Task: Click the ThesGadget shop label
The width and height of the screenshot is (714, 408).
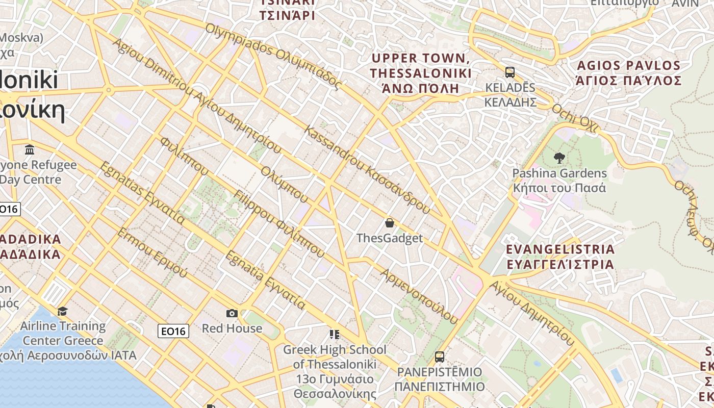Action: pos(390,238)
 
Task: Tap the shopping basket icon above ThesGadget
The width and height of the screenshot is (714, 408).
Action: pos(390,223)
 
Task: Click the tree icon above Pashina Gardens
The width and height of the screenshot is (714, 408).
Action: pos(559,158)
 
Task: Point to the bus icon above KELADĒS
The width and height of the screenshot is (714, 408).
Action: pos(509,72)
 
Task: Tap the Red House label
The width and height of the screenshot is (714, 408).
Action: pos(232,328)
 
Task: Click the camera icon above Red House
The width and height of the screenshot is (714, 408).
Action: pos(232,313)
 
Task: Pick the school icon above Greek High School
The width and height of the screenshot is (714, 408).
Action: pos(335,335)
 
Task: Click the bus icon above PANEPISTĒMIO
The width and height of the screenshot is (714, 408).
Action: pos(439,357)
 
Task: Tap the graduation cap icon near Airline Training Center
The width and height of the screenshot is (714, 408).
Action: pos(62,311)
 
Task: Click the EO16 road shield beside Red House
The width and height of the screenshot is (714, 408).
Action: pos(173,331)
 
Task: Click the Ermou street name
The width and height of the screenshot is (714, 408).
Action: pos(152,253)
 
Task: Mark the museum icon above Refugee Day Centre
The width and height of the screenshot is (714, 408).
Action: pos(30,150)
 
